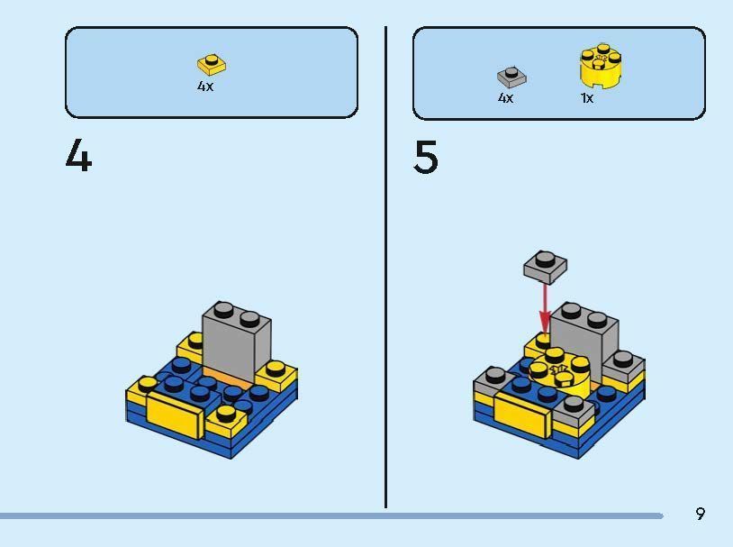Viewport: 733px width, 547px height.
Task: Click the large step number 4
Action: (x=78, y=158)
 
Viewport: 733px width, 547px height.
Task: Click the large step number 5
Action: (x=426, y=158)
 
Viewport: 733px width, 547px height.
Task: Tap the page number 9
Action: (x=700, y=514)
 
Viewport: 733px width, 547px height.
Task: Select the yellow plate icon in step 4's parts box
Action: (x=212, y=65)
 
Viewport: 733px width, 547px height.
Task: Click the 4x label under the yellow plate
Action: (x=205, y=87)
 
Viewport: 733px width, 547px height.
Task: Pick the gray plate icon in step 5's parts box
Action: (x=511, y=77)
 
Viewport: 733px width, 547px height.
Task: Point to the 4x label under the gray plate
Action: (x=505, y=97)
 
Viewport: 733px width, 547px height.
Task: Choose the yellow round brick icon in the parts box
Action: (x=602, y=67)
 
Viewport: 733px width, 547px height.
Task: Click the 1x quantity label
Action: (x=587, y=97)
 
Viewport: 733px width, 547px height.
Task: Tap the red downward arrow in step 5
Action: (x=545, y=307)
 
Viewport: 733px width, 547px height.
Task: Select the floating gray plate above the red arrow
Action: (x=545, y=265)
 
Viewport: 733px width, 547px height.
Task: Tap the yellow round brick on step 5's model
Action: (x=560, y=373)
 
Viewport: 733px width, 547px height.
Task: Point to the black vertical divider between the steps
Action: (x=386, y=270)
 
